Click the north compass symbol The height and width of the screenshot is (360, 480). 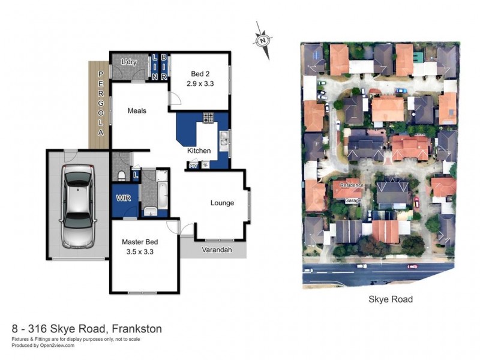click(x=263, y=40)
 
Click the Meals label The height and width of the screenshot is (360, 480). click(x=137, y=110)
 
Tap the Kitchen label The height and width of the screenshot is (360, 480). click(x=199, y=151)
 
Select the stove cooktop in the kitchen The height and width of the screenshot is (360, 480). click(x=208, y=117)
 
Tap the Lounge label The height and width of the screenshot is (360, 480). click(x=222, y=203)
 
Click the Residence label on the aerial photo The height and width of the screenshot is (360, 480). click(x=352, y=185)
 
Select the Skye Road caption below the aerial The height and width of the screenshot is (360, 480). click(x=390, y=299)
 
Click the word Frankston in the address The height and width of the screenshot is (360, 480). click(x=135, y=329)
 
